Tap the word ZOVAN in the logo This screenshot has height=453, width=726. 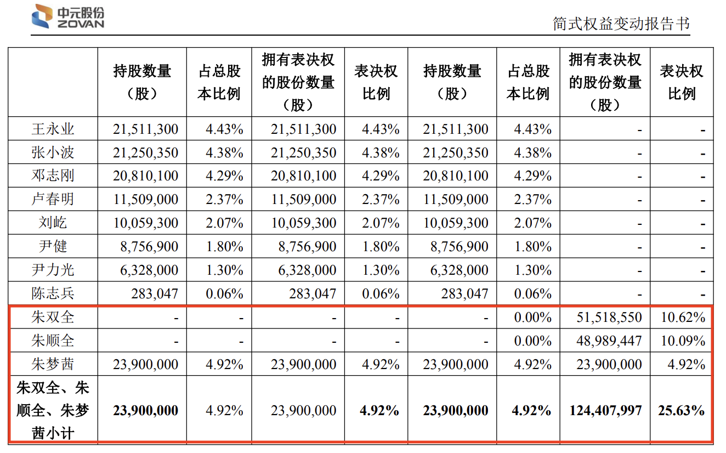tap(80, 24)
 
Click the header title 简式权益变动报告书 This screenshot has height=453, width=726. tap(621, 24)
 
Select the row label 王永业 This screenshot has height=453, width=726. tap(53, 129)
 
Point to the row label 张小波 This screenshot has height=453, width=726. tap(53, 152)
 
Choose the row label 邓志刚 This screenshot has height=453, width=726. tap(53, 176)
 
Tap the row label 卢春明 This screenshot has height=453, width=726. tap(53, 199)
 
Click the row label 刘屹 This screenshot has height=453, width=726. tap(53, 223)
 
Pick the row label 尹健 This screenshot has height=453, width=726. tap(53, 246)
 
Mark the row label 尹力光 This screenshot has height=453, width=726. tap(53, 270)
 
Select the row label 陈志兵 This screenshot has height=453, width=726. tap(53, 293)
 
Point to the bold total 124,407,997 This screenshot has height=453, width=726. tap(605, 410)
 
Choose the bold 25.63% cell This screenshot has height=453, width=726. tap(681, 410)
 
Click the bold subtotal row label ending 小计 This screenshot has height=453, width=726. tap(53, 410)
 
